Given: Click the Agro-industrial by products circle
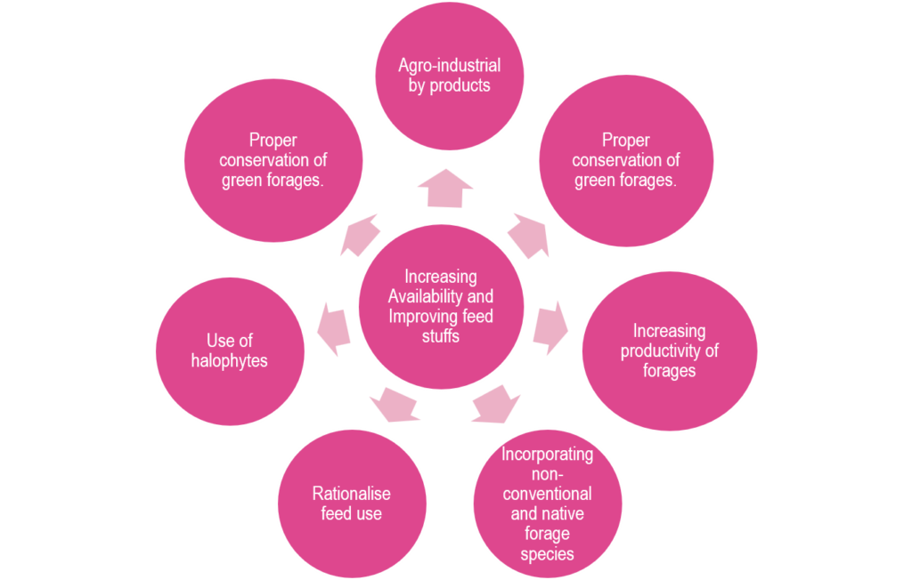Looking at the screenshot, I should click(x=449, y=76).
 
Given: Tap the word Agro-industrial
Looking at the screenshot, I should click(x=449, y=66).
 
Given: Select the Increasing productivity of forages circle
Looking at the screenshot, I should click(x=669, y=350).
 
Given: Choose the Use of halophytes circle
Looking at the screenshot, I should click(x=230, y=350).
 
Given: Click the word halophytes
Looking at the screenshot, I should click(x=230, y=362).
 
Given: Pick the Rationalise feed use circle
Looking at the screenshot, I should click(x=351, y=503).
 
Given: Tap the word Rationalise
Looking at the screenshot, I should click(x=351, y=494).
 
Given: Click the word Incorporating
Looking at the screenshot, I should click(x=547, y=455).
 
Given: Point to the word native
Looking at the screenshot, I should click(x=564, y=513).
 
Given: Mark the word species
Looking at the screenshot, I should click(x=547, y=553).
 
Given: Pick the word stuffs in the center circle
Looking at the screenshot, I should click(x=441, y=336).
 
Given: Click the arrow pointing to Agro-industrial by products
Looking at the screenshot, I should click(x=445, y=189).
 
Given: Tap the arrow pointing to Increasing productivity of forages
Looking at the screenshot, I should click(x=551, y=322).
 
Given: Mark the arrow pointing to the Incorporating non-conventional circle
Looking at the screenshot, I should click(x=495, y=404).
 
